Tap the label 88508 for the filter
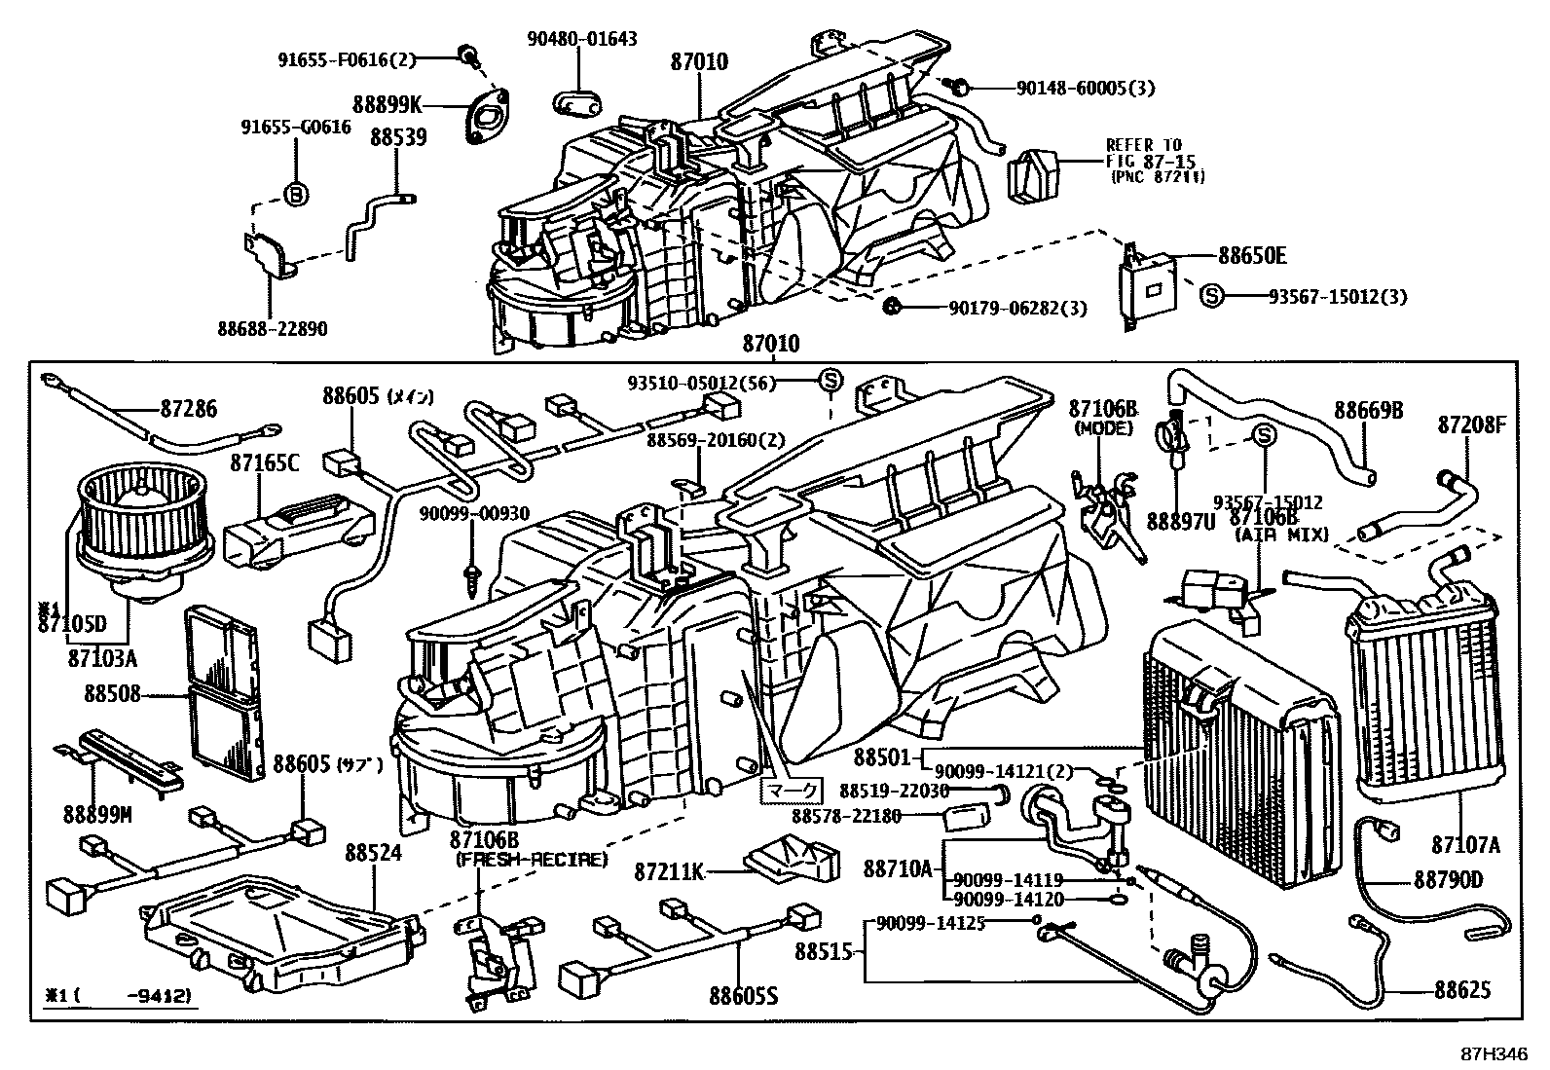(112, 694)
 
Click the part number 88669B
(1368, 411)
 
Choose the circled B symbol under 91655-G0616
(297, 194)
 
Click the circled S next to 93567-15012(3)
(1210, 296)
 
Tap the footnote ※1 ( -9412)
(116, 996)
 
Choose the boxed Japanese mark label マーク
(790, 790)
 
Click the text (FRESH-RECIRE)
(531, 860)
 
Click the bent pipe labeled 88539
(375, 220)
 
